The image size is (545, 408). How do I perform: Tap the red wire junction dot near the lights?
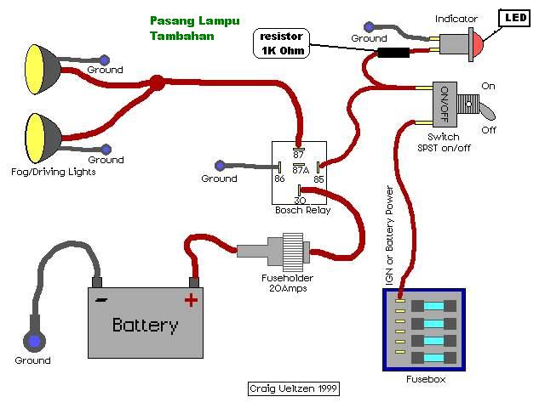(x=157, y=83)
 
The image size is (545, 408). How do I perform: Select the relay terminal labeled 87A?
(x=300, y=169)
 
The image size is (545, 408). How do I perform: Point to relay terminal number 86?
(x=278, y=178)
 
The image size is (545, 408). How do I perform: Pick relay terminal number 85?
(x=318, y=178)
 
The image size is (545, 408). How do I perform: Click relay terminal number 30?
(x=300, y=200)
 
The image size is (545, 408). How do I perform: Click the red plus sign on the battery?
(x=191, y=299)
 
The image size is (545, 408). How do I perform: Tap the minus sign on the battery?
(x=102, y=299)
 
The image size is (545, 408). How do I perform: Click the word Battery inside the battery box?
(x=146, y=325)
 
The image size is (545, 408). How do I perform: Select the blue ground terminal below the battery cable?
(x=34, y=342)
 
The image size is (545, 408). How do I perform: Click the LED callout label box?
(x=514, y=17)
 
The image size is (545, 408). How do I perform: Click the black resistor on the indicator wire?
(x=393, y=53)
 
